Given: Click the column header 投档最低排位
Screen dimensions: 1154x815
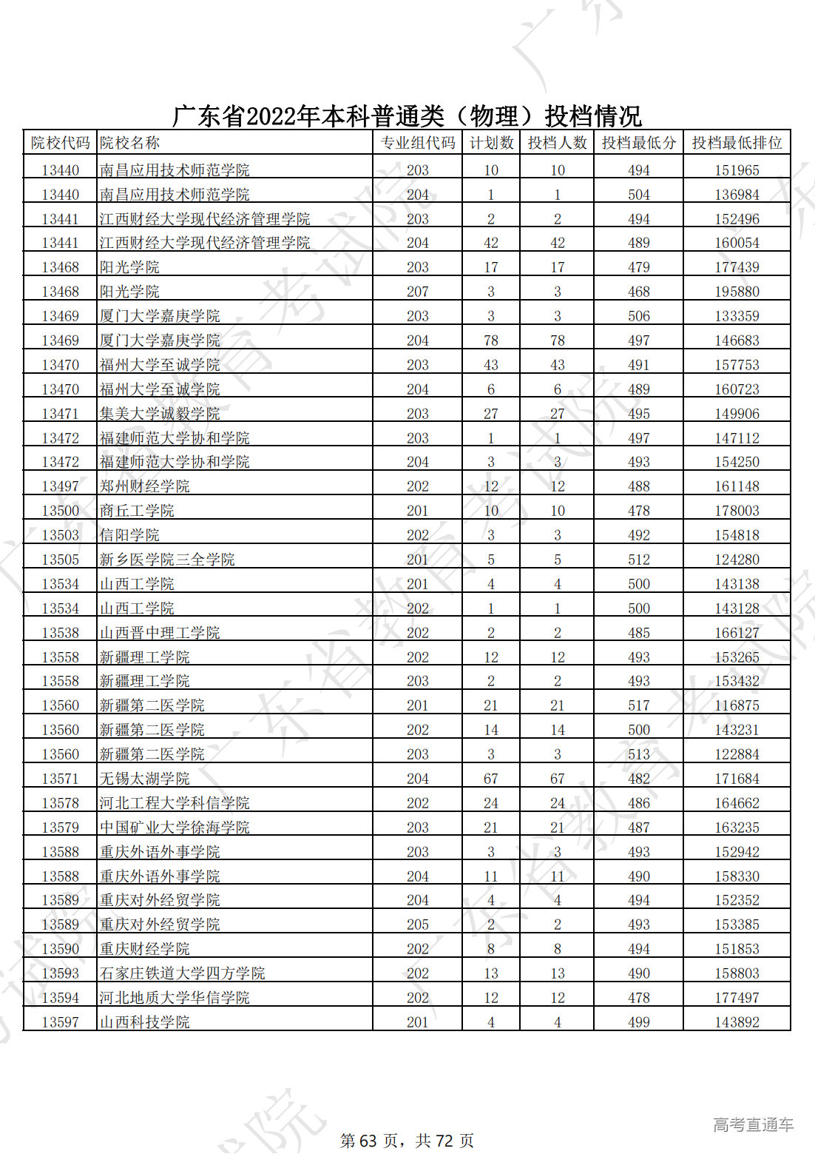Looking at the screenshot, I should (x=737, y=143).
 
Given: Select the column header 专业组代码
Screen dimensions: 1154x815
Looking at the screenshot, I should (x=417, y=143).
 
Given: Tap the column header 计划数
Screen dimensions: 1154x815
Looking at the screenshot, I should (x=491, y=143).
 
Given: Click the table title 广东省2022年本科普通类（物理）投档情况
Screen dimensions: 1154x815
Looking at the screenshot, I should (x=407, y=116).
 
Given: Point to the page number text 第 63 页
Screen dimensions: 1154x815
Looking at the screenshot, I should (x=368, y=1141).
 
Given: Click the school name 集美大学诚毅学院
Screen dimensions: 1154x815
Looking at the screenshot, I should (x=160, y=414).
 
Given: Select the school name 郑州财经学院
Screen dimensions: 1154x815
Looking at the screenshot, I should (x=145, y=486).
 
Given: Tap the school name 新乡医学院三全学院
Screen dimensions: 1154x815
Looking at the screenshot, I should (x=167, y=560).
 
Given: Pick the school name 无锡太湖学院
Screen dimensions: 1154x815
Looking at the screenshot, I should (x=145, y=779).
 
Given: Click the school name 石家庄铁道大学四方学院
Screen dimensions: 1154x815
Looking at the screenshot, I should (x=182, y=973).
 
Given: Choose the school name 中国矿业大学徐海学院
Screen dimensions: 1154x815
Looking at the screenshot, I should (x=175, y=828).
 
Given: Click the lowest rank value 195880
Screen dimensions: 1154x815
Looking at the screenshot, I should (x=737, y=292).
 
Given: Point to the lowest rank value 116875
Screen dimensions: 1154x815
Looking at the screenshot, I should (x=737, y=705).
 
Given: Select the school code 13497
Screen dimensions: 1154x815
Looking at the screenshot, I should (x=60, y=486).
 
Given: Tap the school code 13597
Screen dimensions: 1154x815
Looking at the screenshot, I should (x=60, y=1022).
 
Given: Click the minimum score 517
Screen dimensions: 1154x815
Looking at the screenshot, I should (x=638, y=705).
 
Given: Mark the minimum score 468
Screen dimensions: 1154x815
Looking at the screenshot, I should (x=638, y=292).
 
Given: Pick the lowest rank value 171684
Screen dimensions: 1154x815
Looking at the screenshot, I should (x=737, y=779).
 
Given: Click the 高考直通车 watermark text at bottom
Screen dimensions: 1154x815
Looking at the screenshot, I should (x=753, y=1125).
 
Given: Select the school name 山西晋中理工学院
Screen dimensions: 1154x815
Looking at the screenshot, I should (x=160, y=633).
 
